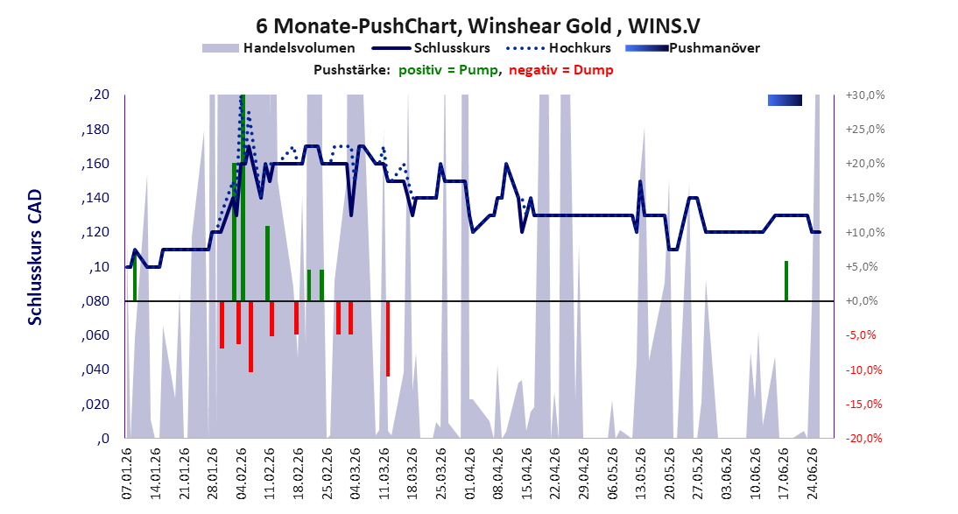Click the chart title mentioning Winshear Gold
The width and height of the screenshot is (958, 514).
[x=478, y=25]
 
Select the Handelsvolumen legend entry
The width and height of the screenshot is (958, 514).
[x=278, y=47]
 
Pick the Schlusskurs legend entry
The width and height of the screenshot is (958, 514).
[x=431, y=47]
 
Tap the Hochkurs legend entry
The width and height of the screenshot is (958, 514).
[x=559, y=47]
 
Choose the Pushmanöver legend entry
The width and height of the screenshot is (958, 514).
[x=693, y=47]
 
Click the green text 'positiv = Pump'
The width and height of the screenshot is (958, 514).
[x=448, y=70]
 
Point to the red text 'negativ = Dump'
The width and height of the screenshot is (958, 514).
[x=560, y=70]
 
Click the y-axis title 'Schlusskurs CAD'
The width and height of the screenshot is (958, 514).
[x=35, y=257]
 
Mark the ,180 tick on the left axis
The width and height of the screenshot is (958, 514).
[x=96, y=130]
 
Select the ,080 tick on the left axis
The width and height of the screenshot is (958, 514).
[x=96, y=301]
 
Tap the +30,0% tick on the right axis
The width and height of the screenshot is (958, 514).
[x=865, y=95]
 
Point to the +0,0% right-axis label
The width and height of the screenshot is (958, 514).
[x=862, y=301]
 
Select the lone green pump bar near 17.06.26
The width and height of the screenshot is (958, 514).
[x=786, y=281]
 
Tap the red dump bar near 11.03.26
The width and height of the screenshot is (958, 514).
[x=388, y=339]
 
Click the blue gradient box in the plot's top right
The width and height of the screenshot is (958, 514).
[x=785, y=100]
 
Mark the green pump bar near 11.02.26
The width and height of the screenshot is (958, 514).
[x=268, y=264]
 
